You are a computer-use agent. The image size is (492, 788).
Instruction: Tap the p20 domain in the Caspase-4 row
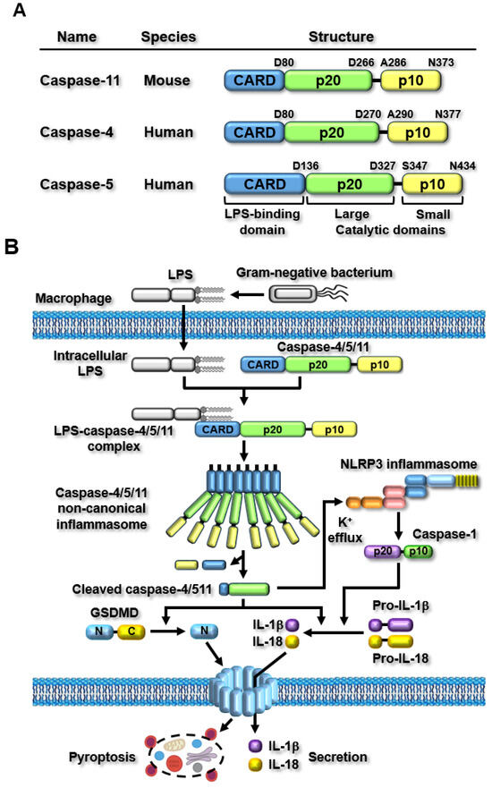330,133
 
